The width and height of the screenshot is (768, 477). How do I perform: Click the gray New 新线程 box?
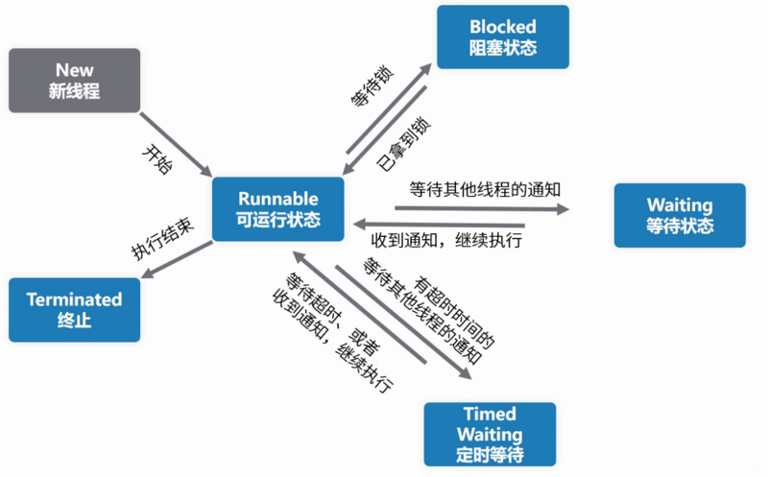click(x=75, y=81)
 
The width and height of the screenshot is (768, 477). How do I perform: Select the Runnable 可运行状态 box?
click(x=277, y=208)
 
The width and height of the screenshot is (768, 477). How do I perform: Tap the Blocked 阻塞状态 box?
click(x=502, y=37)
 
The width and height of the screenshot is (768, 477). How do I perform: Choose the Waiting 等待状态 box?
click(x=680, y=215)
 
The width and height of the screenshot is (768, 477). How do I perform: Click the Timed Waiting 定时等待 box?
click(x=490, y=434)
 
